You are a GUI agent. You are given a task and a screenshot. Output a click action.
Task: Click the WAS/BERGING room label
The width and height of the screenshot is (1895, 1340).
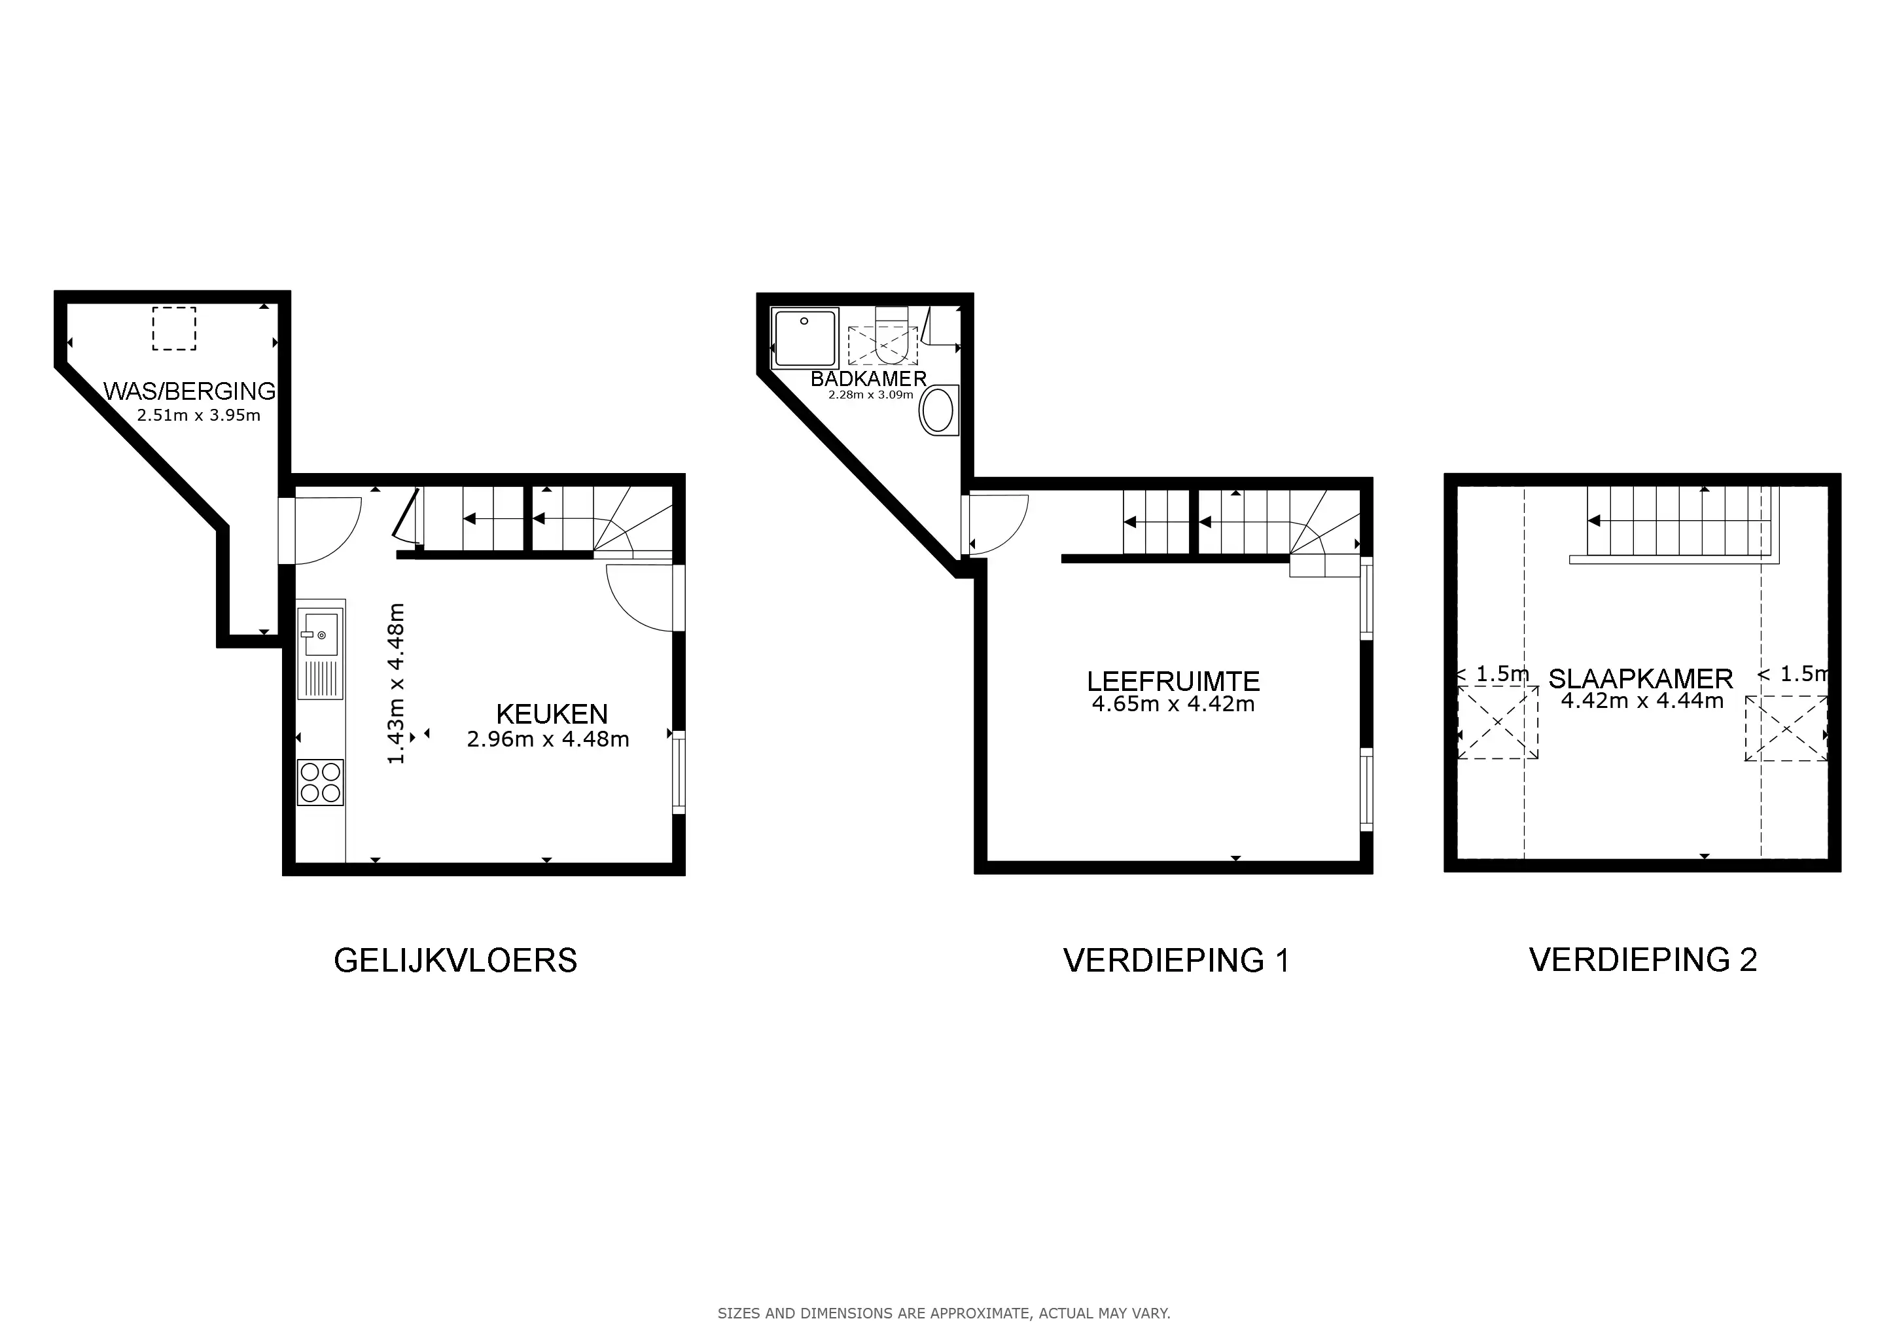(x=189, y=391)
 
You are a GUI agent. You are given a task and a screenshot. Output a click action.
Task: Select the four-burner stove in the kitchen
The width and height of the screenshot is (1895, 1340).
(x=320, y=783)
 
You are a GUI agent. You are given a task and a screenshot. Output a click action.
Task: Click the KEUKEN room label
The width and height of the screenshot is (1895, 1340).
(x=552, y=714)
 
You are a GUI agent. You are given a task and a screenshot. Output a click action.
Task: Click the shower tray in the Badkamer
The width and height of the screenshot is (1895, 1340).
(x=805, y=338)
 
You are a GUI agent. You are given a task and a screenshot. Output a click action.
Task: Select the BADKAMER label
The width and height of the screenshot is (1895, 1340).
(x=868, y=379)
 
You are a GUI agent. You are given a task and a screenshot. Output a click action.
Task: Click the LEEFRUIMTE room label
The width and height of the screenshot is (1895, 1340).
(x=1173, y=682)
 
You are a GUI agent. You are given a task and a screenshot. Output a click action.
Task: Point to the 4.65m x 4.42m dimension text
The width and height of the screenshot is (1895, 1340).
(x=1173, y=704)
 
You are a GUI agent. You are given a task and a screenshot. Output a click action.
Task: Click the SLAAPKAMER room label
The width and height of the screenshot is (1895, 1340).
(x=1640, y=679)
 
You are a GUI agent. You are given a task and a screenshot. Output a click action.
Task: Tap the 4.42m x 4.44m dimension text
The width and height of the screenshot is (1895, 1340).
(x=1642, y=701)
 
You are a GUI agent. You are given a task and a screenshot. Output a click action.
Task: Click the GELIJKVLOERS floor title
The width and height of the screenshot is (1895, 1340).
(x=455, y=961)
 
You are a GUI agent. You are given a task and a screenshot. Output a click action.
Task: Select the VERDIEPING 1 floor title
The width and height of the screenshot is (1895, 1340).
(x=1176, y=961)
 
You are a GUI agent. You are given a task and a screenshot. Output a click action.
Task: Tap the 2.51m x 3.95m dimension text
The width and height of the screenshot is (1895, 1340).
(x=199, y=415)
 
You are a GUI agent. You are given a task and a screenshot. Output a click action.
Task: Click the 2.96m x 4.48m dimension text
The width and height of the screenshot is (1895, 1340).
(x=548, y=739)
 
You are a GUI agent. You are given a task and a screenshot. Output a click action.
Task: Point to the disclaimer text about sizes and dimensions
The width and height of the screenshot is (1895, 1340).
(x=944, y=1313)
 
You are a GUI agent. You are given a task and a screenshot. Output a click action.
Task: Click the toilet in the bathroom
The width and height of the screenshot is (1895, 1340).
(x=891, y=336)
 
